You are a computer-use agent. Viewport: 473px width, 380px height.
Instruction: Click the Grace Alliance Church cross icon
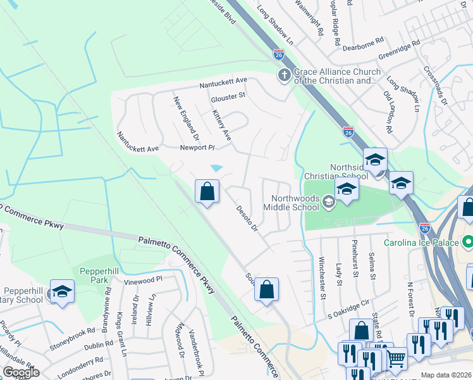(x=285, y=75)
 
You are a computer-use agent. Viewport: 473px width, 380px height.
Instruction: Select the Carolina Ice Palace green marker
(x=467, y=241)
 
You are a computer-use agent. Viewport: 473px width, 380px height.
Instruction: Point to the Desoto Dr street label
(x=247, y=218)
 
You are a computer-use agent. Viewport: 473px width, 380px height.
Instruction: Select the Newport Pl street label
(x=197, y=148)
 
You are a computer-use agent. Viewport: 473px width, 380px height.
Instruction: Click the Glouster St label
(x=228, y=96)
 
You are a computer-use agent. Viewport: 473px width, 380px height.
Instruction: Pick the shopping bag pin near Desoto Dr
(x=207, y=191)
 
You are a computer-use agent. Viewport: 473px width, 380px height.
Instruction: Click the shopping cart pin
(x=396, y=358)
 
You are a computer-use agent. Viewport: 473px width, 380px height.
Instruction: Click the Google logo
(x=21, y=372)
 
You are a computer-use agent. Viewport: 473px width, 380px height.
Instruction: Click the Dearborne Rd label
(x=363, y=39)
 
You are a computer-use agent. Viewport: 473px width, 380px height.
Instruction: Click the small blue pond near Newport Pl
(x=216, y=168)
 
